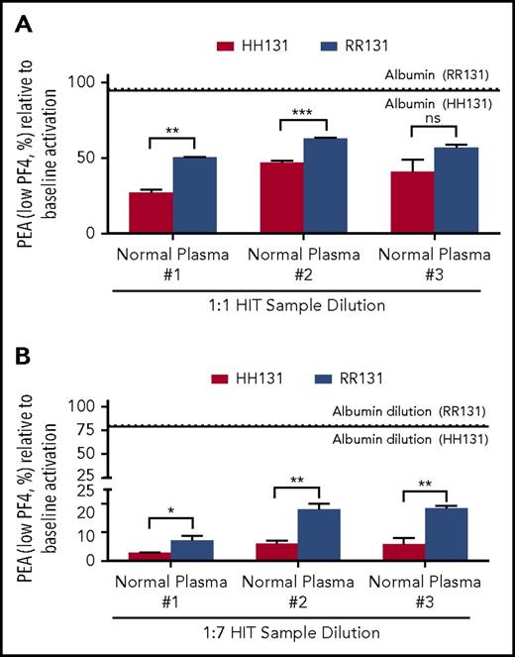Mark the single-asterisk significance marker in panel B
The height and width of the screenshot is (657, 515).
(x=171, y=512)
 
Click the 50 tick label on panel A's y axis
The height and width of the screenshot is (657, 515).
(x=88, y=158)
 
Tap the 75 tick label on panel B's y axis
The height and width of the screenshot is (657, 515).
(x=89, y=428)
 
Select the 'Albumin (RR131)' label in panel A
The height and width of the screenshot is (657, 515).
(x=445, y=75)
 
